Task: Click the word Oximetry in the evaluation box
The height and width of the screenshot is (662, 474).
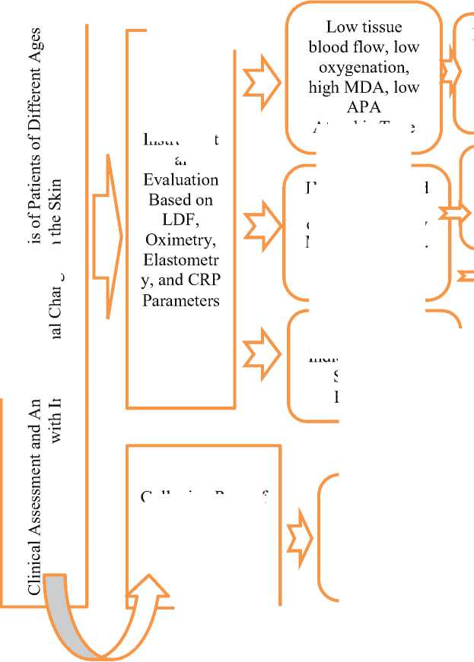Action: (181, 241)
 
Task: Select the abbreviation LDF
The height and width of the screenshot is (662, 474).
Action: (181, 221)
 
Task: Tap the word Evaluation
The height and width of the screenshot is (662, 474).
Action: (181, 181)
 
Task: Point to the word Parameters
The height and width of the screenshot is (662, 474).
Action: (181, 301)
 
